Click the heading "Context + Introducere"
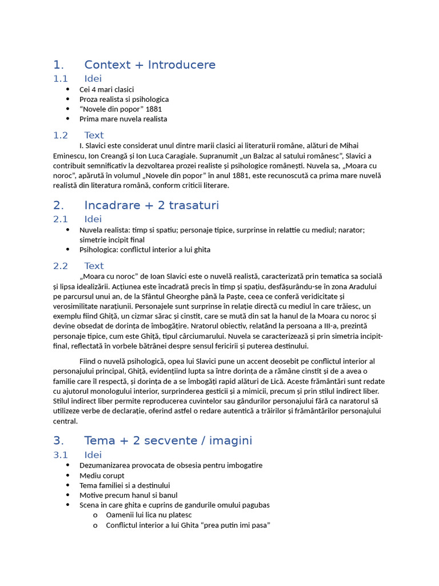(150, 65)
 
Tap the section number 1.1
(61, 78)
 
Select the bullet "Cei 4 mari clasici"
(106, 89)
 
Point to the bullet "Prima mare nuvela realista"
(123, 119)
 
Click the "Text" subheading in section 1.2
(94, 135)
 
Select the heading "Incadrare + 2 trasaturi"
(151, 205)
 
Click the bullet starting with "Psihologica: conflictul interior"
(145, 250)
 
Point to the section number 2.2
(61, 266)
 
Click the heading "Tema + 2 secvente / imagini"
(167, 441)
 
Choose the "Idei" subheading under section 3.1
(93, 454)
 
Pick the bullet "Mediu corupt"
(102, 476)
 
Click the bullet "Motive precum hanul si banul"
(128, 495)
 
